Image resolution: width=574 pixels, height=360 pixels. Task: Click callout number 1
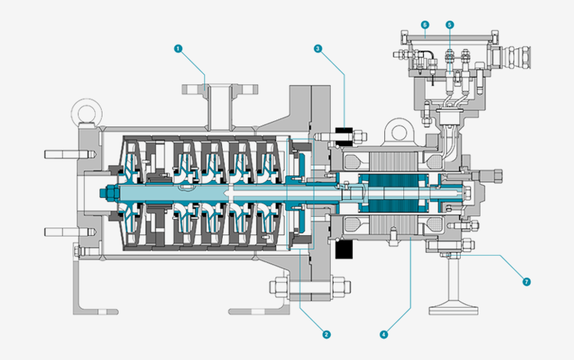coord(178,48)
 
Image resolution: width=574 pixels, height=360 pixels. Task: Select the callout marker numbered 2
coord(326,334)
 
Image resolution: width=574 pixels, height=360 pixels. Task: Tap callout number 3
coord(318,48)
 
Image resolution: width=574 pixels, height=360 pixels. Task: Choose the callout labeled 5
coord(449,25)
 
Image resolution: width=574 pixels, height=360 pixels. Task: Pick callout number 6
coord(425,25)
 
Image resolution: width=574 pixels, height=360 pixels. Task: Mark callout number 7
coord(526,281)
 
